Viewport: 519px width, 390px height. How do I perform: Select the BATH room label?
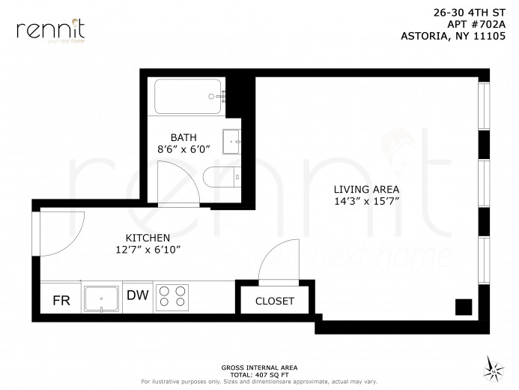[x=183, y=137]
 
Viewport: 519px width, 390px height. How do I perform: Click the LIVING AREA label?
[x=366, y=189]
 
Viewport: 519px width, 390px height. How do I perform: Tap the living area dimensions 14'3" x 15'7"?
[x=366, y=202]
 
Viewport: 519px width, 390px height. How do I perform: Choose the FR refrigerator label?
[x=61, y=301]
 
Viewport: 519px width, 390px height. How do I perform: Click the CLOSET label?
[x=275, y=301]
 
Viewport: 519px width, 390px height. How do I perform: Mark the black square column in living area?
[x=464, y=307]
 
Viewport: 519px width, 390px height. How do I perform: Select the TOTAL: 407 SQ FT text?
[x=259, y=373]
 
